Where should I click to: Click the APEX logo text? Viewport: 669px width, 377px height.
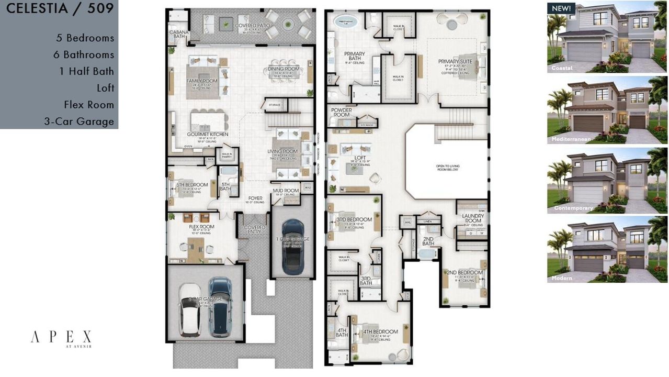[61, 336]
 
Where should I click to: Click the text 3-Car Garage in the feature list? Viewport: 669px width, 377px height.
[79, 121]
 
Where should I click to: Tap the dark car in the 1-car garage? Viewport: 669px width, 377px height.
[292, 247]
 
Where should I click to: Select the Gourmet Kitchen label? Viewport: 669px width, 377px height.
[208, 135]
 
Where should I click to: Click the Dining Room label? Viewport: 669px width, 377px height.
[284, 69]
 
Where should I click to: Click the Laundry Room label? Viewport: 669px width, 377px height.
[473, 218]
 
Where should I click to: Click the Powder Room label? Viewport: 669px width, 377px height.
[341, 113]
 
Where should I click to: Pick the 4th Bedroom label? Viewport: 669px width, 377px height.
[381, 331]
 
